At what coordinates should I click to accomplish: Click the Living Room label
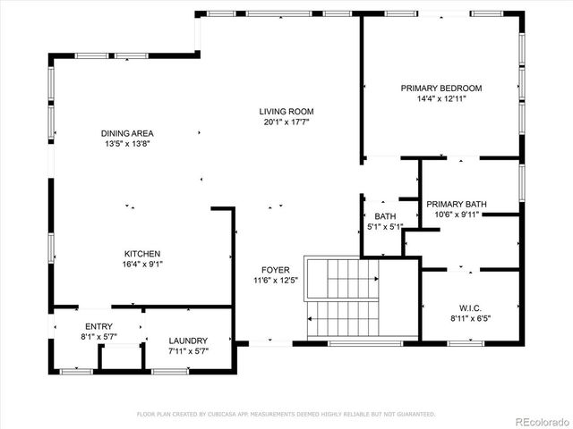286,112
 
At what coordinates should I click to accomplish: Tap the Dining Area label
127,133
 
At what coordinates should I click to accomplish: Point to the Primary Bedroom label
441,88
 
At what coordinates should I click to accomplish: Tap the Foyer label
275,270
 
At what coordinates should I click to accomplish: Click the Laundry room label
188,341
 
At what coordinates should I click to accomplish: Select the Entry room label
98,327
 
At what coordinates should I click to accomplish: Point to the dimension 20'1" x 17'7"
286,122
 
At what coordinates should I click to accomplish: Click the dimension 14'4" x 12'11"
441,99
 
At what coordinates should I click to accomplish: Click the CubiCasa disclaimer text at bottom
286,414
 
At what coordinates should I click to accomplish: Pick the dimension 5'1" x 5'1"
385,227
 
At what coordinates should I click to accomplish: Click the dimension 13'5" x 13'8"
127,144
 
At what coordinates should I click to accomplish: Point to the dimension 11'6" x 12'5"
275,281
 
